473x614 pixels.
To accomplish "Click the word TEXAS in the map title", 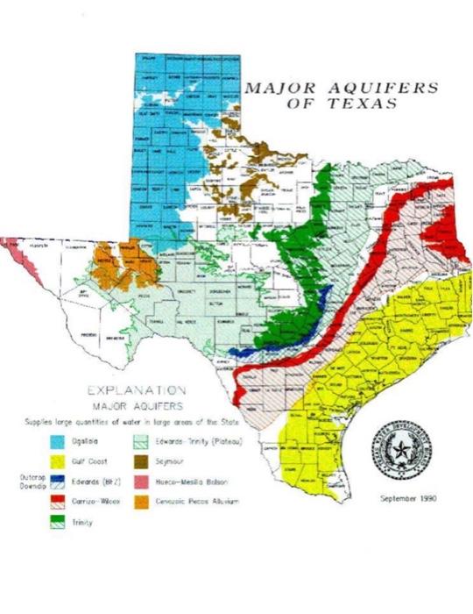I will point(363,103).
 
